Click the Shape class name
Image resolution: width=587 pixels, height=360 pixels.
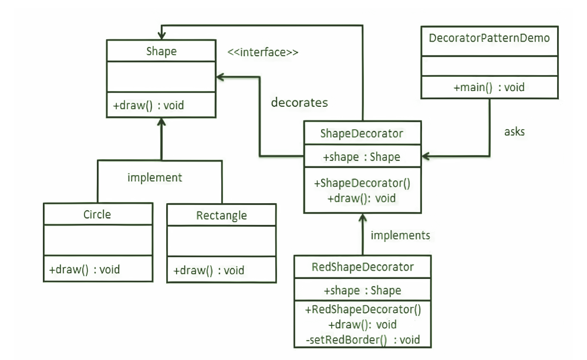click(161, 52)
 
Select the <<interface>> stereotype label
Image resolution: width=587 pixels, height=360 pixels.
click(263, 52)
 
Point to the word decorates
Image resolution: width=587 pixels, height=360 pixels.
click(299, 102)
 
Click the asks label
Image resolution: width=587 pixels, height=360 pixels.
click(514, 132)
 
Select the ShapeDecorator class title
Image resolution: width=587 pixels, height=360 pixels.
click(362, 133)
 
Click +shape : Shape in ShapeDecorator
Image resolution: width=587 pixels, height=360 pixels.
click(362, 157)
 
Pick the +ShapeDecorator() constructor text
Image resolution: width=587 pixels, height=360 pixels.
click(362, 183)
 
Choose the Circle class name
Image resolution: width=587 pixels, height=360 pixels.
click(97, 214)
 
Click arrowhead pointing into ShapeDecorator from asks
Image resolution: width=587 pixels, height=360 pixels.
click(427, 157)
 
